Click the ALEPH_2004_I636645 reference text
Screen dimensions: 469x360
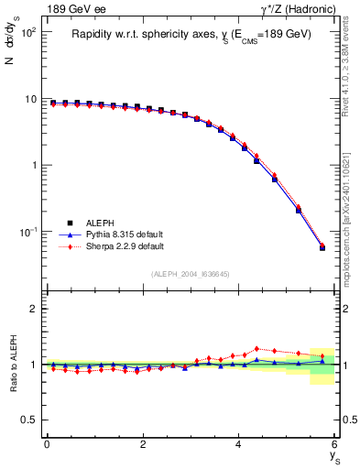pyautogui.click(x=191, y=274)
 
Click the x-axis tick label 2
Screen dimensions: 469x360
pyautogui.click(x=143, y=444)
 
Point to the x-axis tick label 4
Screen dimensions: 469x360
pyautogui.click(x=239, y=444)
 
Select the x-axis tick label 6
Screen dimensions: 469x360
pyautogui.click(x=335, y=444)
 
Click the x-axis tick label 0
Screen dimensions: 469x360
pyautogui.click(x=47, y=444)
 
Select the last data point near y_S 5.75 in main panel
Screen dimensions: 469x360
pyautogui.click(x=322, y=247)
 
